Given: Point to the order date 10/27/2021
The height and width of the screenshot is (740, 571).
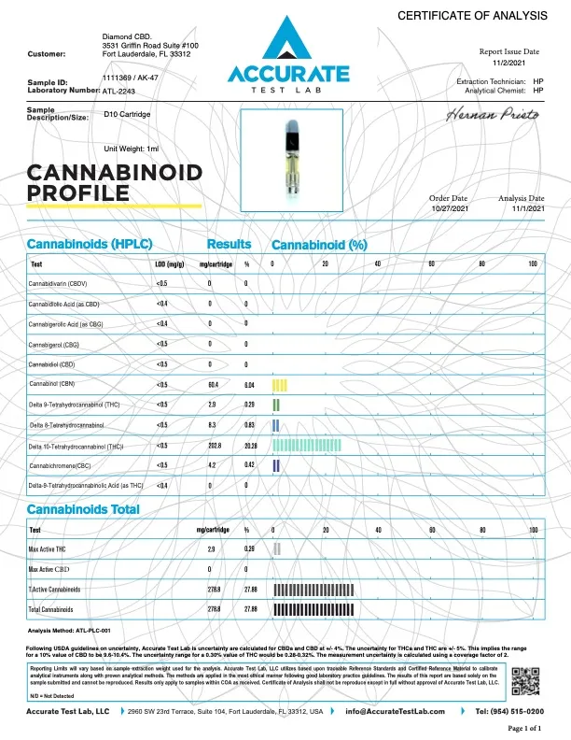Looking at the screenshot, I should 447,209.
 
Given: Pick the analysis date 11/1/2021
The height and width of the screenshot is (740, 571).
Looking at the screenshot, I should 521,209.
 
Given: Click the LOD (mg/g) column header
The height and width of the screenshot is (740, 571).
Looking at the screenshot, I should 167,263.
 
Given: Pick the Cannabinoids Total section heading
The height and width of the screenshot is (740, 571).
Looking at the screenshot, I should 83,509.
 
